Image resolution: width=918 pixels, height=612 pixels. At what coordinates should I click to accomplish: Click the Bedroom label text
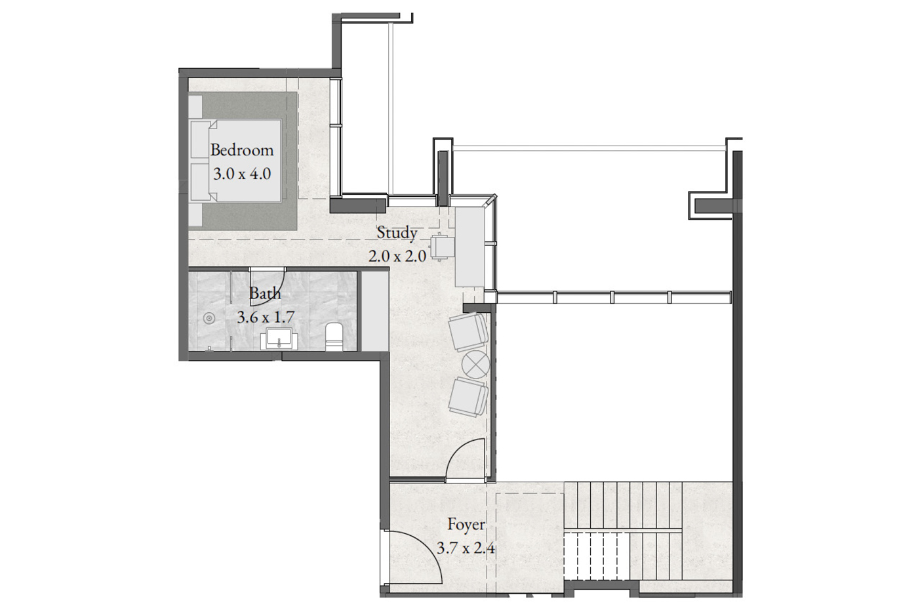pyautogui.click(x=242, y=150)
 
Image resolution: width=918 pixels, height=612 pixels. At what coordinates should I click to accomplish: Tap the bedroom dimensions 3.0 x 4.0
pyautogui.click(x=242, y=174)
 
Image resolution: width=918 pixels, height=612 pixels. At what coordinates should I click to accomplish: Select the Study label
pyautogui.click(x=397, y=234)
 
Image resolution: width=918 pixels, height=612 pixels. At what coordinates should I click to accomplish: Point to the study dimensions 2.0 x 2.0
pyautogui.click(x=397, y=256)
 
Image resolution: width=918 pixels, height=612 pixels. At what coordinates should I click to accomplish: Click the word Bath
pyautogui.click(x=265, y=293)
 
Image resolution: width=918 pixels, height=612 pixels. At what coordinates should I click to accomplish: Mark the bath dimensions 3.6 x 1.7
pyautogui.click(x=266, y=317)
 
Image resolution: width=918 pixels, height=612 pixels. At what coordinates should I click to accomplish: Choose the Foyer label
pyautogui.click(x=466, y=525)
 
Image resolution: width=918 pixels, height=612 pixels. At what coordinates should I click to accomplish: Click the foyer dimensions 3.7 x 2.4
pyautogui.click(x=466, y=548)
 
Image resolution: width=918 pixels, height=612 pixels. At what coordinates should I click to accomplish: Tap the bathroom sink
pyautogui.click(x=279, y=338)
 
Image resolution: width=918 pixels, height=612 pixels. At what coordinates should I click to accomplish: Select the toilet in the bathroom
pyautogui.click(x=334, y=337)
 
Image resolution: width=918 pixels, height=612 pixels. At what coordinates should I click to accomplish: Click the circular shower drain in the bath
pyautogui.click(x=209, y=317)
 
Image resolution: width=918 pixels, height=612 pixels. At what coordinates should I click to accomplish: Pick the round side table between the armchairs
pyautogui.click(x=475, y=364)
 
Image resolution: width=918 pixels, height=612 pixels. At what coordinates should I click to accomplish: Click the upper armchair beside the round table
pyautogui.click(x=468, y=331)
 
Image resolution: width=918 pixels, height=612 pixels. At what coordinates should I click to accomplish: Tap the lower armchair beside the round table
pyautogui.click(x=468, y=397)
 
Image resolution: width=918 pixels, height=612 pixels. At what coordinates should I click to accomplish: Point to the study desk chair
pyautogui.click(x=442, y=247)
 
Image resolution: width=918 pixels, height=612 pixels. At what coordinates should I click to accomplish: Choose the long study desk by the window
pyautogui.click(x=469, y=247)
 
